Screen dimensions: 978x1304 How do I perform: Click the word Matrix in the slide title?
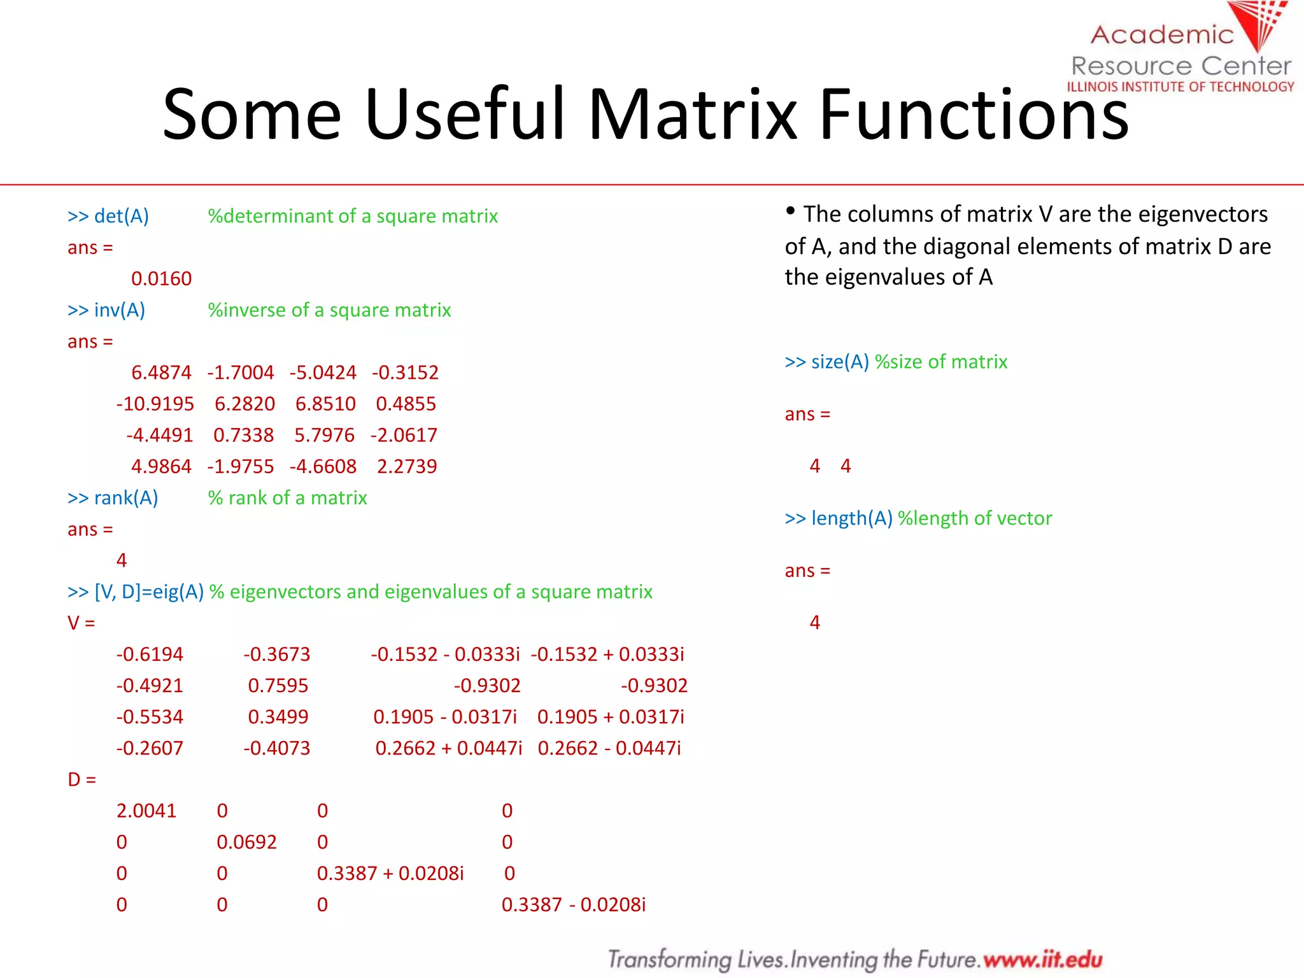[693, 115]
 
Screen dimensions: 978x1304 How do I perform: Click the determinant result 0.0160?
[161, 279]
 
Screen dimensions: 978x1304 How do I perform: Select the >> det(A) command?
[108, 216]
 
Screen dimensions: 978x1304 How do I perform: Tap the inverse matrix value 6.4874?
[161, 372]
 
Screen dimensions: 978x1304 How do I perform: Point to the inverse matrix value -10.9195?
[155, 404]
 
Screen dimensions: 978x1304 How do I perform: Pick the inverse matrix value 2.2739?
[407, 467]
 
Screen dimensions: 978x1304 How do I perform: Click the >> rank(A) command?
[113, 498]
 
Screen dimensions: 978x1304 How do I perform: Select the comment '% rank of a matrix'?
[288, 498]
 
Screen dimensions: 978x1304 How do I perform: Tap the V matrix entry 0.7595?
[278, 686]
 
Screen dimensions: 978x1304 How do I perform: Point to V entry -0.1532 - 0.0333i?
[445, 655]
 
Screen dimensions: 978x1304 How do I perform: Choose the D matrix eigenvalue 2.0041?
[146, 811]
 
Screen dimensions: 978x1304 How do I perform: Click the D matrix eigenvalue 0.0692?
[246, 842]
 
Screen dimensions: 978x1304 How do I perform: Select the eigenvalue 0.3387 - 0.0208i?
[573, 905]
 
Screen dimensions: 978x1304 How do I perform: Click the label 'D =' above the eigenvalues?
[81, 780]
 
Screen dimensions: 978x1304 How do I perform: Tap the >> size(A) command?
[827, 362]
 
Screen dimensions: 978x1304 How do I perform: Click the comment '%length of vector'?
[974, 519]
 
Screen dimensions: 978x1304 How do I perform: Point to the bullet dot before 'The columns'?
[790, 211]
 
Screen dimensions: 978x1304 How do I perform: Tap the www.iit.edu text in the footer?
[1042, 959]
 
